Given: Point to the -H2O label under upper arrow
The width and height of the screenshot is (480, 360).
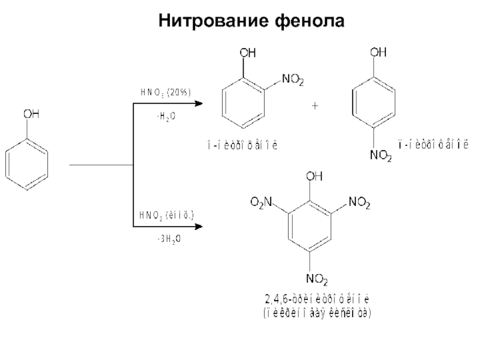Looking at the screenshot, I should [x=166, y=116].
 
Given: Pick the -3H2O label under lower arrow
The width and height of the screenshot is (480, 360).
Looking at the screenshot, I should [x=169, y=239].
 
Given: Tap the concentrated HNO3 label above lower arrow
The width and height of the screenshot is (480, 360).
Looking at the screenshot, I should [x=166, y=214].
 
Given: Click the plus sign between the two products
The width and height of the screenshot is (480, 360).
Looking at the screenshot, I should [x=315, y=106].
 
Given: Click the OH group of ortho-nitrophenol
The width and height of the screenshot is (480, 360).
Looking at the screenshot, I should [x=247, y=53].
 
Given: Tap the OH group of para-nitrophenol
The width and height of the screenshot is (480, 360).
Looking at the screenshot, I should [x=377, y=53].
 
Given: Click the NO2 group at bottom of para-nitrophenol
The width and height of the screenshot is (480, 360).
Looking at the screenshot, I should [x=380, y=157].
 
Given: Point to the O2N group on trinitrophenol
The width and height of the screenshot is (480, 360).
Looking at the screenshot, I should [x=260, y=205].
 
